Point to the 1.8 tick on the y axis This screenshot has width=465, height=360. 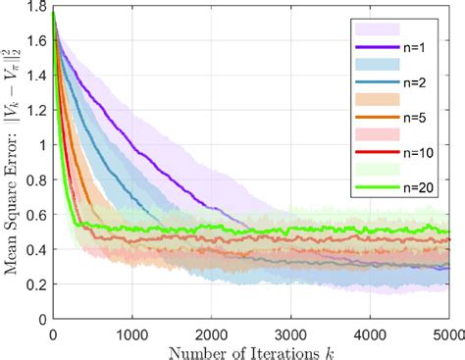coord(37,7)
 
